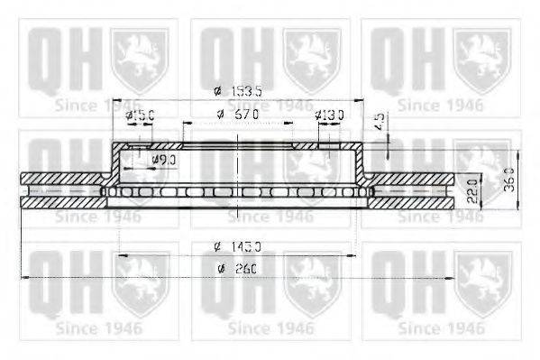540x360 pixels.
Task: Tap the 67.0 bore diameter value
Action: pos(245,115)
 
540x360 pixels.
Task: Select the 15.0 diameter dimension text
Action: pos(144,115)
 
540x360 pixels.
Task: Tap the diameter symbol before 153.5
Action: pos(216,91)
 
